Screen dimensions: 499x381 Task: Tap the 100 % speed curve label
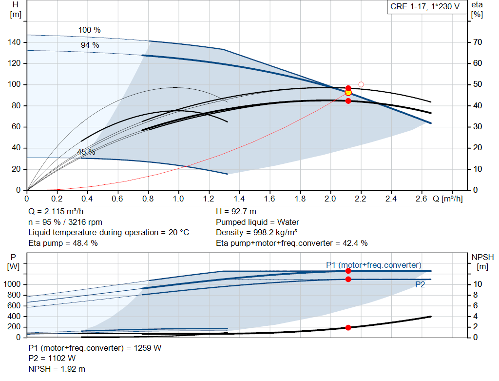[90, 30]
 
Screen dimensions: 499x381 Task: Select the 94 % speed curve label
[90, 45]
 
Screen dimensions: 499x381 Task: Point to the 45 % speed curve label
[86, 152]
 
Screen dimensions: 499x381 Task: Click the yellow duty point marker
[348, 93]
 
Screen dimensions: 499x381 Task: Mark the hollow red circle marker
[361, 84]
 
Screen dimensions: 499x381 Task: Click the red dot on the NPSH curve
[348, 327]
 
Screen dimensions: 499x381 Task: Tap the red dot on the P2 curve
[348, 280]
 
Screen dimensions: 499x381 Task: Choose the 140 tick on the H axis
[14, 42]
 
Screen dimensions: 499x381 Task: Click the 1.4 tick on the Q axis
[239, 199]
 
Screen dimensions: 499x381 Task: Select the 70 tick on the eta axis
[478, 42]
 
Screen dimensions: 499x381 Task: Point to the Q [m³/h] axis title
[448, 199]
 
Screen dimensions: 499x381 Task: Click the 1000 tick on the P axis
[12, 284]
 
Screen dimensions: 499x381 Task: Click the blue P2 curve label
[420, 284]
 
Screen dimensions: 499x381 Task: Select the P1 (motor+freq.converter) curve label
[374, 265]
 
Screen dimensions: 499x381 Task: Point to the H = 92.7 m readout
[236, 212]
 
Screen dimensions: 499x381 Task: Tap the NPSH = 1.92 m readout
[57, 369]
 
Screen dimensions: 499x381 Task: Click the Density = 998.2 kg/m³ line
[256, 233]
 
